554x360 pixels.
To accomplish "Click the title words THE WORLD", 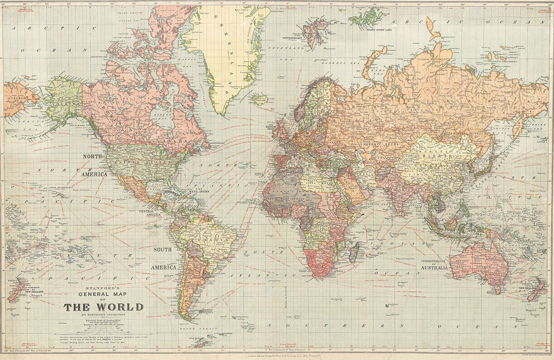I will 103,307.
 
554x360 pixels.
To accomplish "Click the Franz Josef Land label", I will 379,29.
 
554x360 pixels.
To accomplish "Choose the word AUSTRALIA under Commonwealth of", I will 434,268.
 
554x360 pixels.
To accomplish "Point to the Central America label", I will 150,213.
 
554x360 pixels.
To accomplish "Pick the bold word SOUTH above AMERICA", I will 162,250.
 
